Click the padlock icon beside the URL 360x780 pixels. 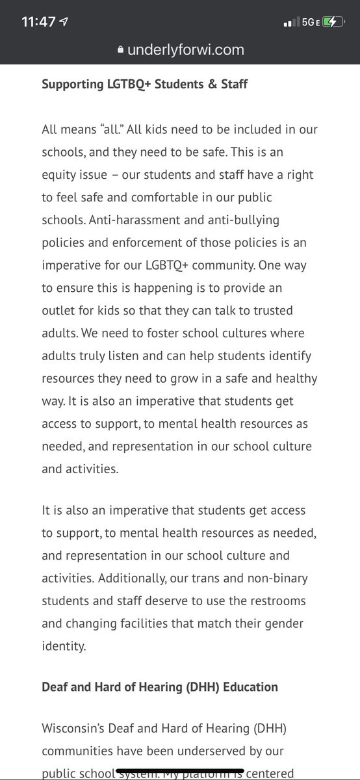coord(119,50)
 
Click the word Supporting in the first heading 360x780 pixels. coord(73,84)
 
